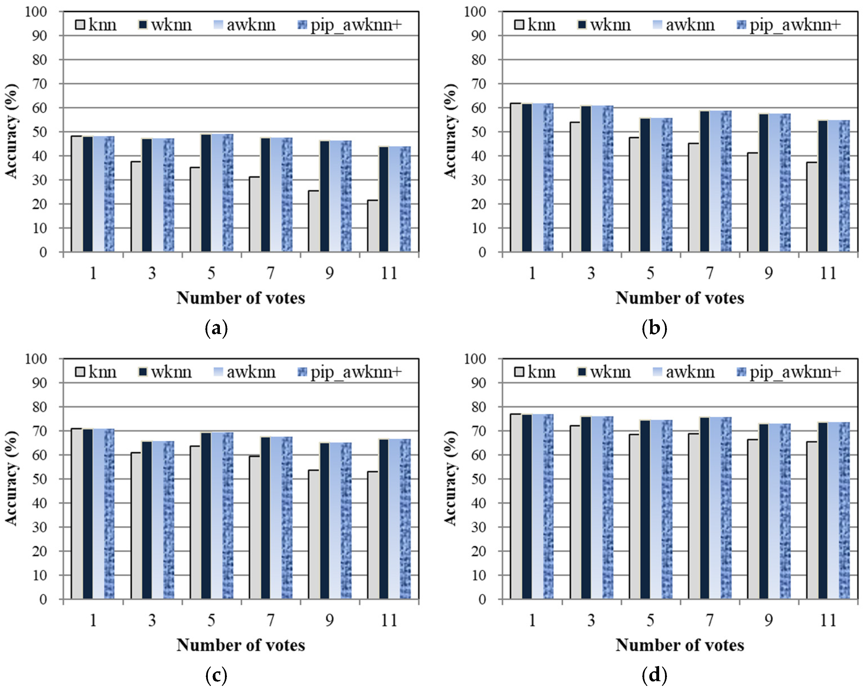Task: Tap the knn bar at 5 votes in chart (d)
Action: tap(634, 517)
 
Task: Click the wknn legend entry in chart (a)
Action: tap(165, 25)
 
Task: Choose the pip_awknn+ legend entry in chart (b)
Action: tap(788, 25)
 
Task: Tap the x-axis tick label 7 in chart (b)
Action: tap(710, 273)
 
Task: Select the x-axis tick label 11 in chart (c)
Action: tap(388, 620)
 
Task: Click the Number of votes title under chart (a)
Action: tap(241, 298)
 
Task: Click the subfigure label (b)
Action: tap(654, 329)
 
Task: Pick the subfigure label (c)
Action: tap(216, 676)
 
